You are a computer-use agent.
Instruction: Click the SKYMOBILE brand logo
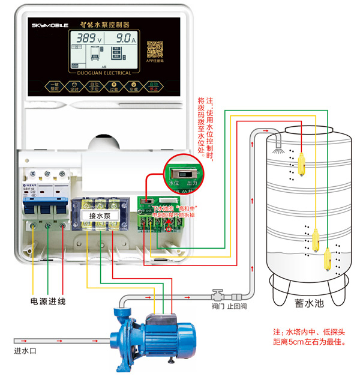point(50,26)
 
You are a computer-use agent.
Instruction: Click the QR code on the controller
point(155,49)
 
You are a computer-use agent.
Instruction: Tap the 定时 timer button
point(74,87)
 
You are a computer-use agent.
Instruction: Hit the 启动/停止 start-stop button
point(154,87)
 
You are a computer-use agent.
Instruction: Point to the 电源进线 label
point(48,300)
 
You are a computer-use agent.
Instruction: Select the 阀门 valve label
point(218,305)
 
